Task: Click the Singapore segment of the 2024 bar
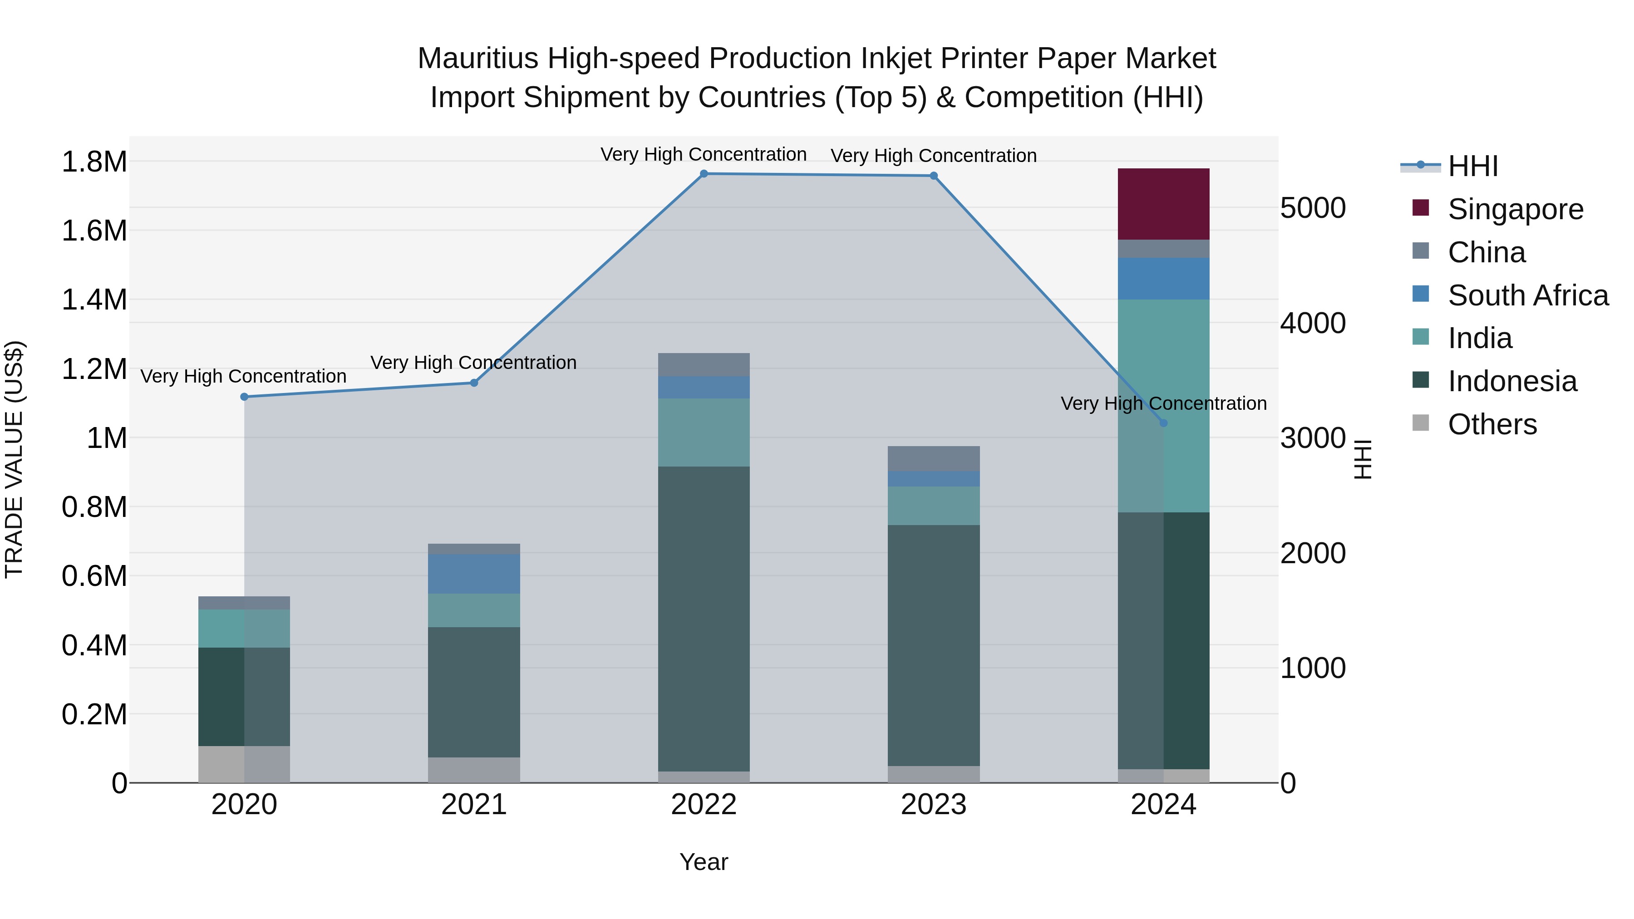pyautogui.click(x=1163, y=204)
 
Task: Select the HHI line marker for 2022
pyautogui.click(x=704, y=173)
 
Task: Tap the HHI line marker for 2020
pyautogui.click(x=244, y=397)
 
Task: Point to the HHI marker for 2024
pyautogui.click(x=1163, y=423)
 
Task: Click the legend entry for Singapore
pyautogui.click(x=1516, y=209)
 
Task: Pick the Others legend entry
pyautogui.click(x=1492, y=424)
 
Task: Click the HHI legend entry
pyautogui.click(x=1473, y=166)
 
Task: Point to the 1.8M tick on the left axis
pyautogui.click(x=94, y=162)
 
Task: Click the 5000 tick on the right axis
pyautogui.click(x=1312, y=208)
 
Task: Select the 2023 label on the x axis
pyautogui.click(x=933, y=805)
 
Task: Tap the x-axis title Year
pyautogui.click(x=704, y=862)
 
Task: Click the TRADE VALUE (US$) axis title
pyautogui.click(x=15, y=459)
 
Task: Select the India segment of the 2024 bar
pyautogui.click(x=1163, y=406)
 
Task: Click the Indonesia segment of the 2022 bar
pyautogui.click(x=704, y=619)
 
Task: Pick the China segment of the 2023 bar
pyautogui.click(x=933, y=458)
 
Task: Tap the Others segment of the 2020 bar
pyautogui.click(x=244, y=764)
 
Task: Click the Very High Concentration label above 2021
pyautogui.click(x=473, y=363)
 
